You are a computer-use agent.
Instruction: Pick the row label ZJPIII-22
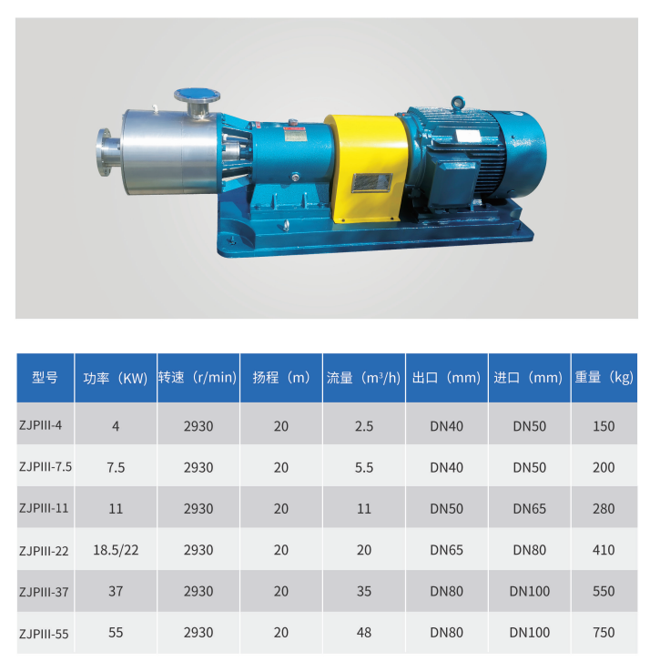(x=44, y=550)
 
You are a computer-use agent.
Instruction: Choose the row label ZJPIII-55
(x=44, y=633)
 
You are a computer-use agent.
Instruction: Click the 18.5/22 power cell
(x=115, y=550)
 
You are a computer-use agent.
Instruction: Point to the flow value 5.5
(x=364, y=467)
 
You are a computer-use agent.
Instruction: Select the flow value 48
(x=364, y=633)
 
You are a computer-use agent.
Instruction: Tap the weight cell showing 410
(x=604, y=550)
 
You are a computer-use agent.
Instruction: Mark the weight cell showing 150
(x=604, y=425)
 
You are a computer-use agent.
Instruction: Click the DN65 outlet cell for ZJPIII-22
(x=447, y=550)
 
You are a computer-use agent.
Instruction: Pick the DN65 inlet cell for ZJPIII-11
(x=530, y=508)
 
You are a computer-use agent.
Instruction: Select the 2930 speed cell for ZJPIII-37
(x=198, y=591)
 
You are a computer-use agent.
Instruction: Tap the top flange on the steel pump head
(x=198, y=94)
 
